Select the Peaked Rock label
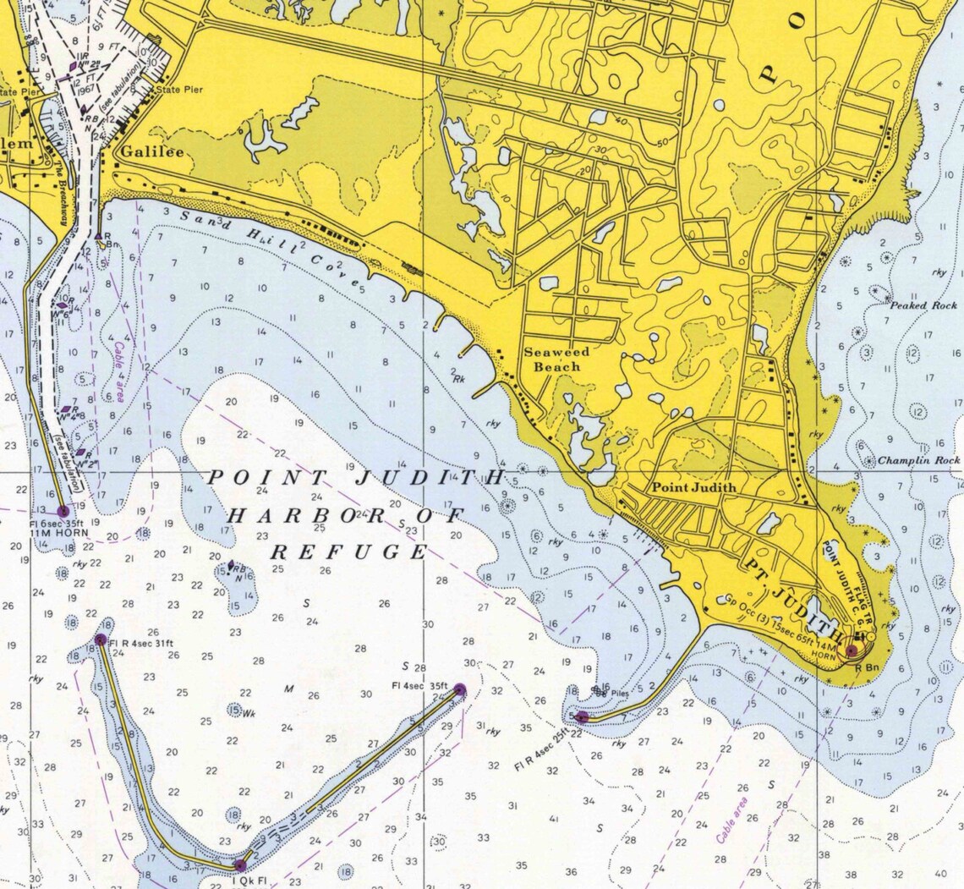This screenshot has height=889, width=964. coord(922,305)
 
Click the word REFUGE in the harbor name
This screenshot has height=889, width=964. coord(349,552)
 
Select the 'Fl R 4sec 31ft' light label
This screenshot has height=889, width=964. coord(141,641)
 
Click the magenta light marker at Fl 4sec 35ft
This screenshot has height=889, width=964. coord(460,689)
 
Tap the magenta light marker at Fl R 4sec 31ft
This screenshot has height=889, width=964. coord(101,639)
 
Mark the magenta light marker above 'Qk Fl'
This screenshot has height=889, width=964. coord(240,864)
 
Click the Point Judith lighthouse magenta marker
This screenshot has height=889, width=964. coord(852,650)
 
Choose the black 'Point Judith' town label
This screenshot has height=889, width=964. coord(693,487)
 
